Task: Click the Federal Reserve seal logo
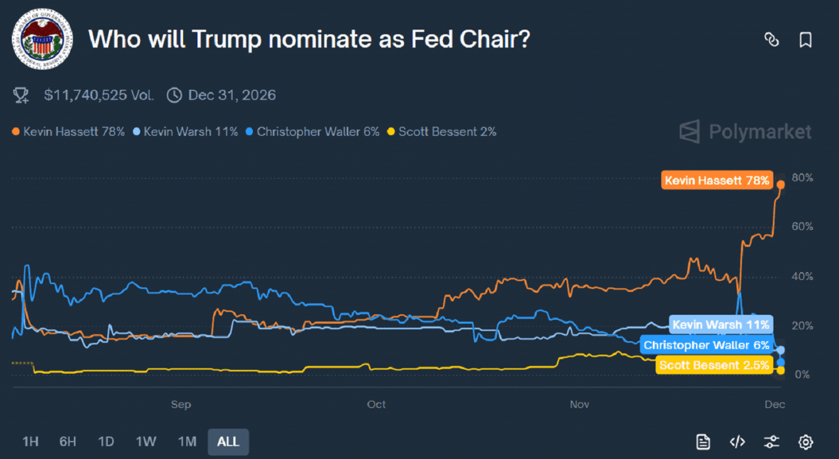43,40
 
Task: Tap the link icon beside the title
771,39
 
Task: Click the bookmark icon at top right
806,39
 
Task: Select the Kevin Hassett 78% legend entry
69,132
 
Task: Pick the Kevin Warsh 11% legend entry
185,132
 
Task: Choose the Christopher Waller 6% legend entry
313,132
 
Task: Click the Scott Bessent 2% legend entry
442,132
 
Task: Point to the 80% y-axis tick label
802,178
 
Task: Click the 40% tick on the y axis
802,277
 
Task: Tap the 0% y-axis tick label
802,375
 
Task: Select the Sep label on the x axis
181,405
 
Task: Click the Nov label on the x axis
579,405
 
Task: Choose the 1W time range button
146,441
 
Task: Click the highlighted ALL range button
228,441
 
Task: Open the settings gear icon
806,441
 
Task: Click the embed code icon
737,441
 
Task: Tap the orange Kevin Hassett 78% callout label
716,180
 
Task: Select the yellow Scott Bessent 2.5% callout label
714,365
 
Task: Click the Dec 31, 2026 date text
231,95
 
